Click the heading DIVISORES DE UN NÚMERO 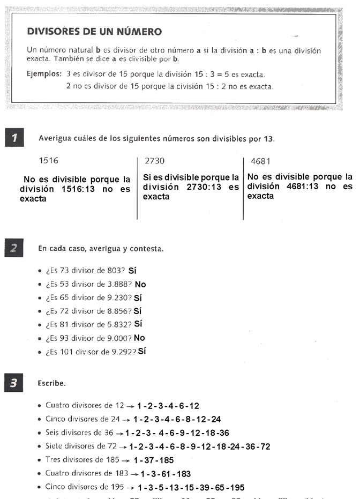point(94,32)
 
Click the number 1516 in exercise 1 point(49,160)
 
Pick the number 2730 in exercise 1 point(154,160)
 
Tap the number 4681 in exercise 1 point(260,160)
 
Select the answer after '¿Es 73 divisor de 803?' point(133,271)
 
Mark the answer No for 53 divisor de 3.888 point(140,284)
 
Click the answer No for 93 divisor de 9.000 point(139,338)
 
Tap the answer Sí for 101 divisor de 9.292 point(142,352)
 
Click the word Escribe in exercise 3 point(51,384)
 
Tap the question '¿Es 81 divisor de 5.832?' point(88,324)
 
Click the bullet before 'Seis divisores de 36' point(40,433)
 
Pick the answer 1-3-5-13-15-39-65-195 point(190,487)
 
